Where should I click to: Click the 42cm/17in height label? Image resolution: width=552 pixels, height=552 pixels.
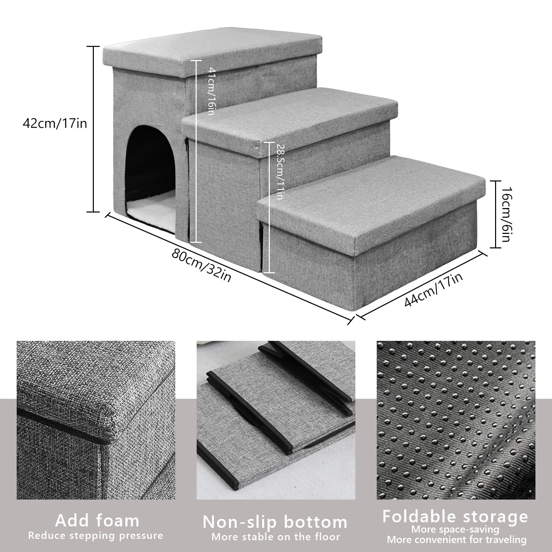pos(55,123)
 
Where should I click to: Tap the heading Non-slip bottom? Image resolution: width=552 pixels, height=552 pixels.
pos(275,522)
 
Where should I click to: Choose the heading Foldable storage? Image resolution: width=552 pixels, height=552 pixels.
pos(455,516)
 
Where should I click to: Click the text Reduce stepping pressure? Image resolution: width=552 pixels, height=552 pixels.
pos(96,536)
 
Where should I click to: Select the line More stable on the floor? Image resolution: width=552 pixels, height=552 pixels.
pos(276,537)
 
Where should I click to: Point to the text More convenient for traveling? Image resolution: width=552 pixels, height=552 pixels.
pos(456,540)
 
